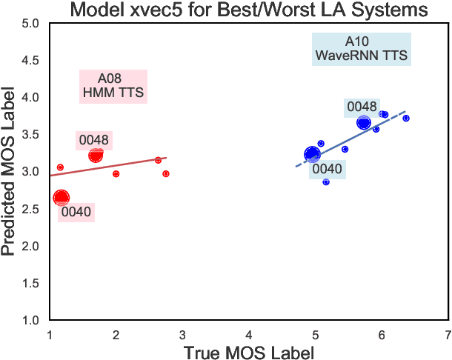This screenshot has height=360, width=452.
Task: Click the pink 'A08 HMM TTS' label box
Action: coord(113,86)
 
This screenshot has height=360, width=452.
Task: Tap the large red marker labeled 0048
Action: coord(96,155)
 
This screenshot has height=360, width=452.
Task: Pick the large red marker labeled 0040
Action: coord(62,197)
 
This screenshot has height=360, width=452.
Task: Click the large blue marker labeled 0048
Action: coord(363,123)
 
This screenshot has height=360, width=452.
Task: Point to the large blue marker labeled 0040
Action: coord(312,154)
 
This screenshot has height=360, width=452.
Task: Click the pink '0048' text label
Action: coord(94,139)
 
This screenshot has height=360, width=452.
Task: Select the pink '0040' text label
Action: coord(76,213)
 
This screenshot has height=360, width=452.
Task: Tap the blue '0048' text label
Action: coord(362,107)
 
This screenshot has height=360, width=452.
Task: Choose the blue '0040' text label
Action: coord(327,169)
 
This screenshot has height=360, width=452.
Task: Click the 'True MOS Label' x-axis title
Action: coord(249,352)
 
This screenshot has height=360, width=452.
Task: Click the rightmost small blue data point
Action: coord(406,119)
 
